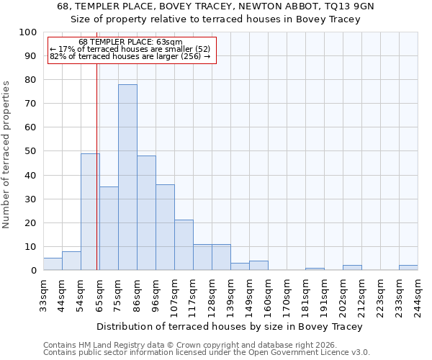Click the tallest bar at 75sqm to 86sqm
[127, 177]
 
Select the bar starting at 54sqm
[90, 212]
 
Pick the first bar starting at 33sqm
[53, 264]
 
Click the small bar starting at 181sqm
[315, 269]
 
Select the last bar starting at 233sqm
[408, 267]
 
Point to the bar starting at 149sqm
[258, 265]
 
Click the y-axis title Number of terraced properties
[6, 155]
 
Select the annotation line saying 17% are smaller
[130, 49]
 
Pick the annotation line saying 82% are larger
[130, 56]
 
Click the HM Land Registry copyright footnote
[194, 345]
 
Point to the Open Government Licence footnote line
[207, 352]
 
